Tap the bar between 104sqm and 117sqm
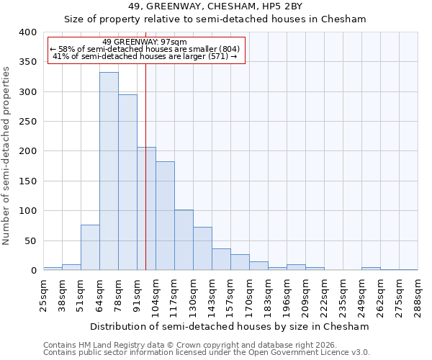165,216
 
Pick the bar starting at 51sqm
90,248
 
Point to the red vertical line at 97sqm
145,180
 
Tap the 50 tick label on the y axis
31,240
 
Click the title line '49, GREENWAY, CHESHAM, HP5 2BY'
216,7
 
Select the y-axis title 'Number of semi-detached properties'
7,155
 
